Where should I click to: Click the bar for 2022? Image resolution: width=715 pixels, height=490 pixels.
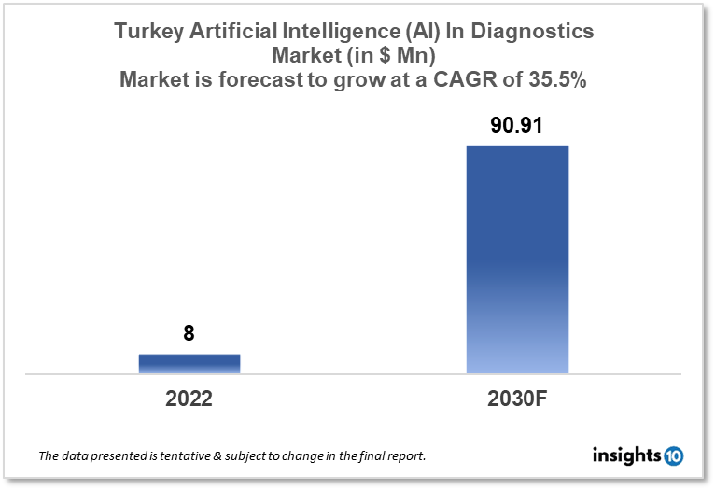[x=189, y=363]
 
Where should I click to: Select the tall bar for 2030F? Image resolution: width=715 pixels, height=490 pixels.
[x=517, y=259]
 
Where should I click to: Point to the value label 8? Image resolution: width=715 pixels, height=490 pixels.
[x=189, y=333]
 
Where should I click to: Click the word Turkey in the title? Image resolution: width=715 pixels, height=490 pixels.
[x=146, y=32]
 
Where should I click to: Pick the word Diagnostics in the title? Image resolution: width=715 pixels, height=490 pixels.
[x=537, y=32]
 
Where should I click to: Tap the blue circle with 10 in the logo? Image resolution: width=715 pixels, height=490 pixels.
[x=674, y=456]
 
